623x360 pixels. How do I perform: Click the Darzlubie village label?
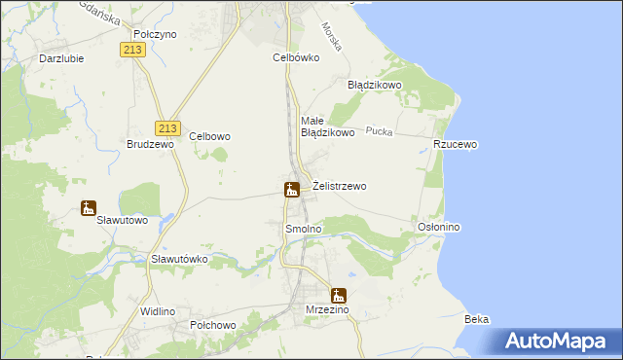[x=61, y=57]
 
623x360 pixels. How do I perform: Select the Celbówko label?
[x=296, y=57]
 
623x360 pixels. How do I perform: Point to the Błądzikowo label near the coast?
[x=375, y=85]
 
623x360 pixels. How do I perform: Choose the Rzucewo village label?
[x=456, y=144]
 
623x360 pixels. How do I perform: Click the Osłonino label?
[x=438, y=227]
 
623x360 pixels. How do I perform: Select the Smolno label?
[x=303, y=229]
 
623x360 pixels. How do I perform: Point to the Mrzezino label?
[x=326, y=310]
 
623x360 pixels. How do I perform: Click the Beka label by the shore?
[x=477, y=319]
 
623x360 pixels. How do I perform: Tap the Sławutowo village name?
[x=123, y=220]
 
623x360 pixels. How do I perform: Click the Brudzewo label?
[x=150, y=144]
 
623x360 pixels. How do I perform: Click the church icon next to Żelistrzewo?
[x=291, y=189]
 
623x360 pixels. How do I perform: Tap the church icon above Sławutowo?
[x=89, y=207]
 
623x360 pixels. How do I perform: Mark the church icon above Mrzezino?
[x=338, y=296]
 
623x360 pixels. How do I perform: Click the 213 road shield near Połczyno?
[x=134, y=49]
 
